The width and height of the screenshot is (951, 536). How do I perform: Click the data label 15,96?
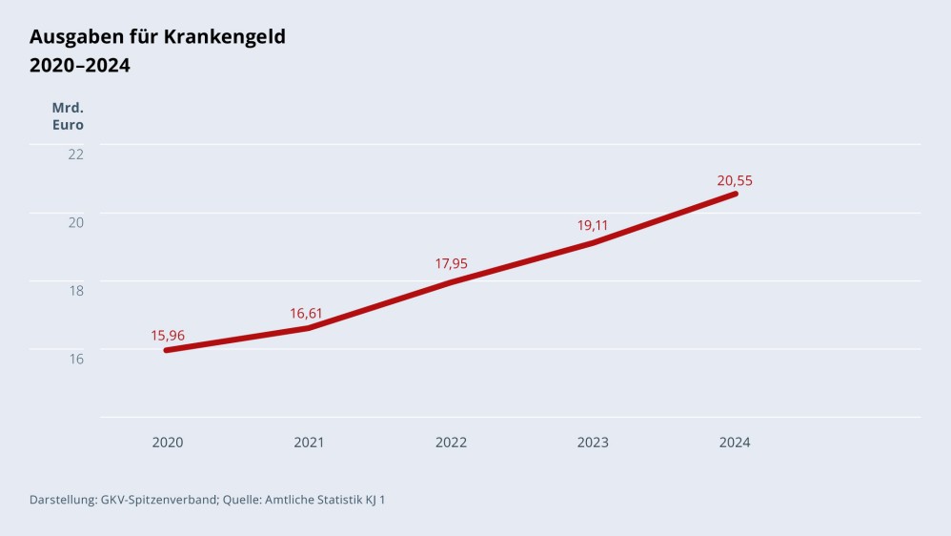click(x=167, y=335)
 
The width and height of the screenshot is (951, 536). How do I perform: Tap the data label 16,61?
click(x=308, y=313)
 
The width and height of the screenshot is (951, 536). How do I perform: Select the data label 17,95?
click(x=452, y=263)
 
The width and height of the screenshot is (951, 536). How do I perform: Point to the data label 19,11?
click(x=593, y=226)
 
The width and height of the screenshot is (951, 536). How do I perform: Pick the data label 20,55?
click(x=735, y=180)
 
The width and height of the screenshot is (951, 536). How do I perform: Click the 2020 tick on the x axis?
click(x=168, y=443)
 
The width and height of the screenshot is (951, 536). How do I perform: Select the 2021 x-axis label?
click(x=309, y=443)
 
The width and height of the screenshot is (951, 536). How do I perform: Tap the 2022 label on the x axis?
click(x=451, y=443)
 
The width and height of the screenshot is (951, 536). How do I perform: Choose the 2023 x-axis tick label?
click(x=593, y=443)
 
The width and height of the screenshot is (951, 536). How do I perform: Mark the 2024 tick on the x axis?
click(x=735, y=443)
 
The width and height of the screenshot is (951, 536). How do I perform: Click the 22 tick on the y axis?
click(x=75, y=154)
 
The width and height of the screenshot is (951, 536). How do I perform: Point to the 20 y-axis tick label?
click(x=75, y=222)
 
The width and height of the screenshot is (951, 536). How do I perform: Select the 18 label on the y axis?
click(x=75, y=290)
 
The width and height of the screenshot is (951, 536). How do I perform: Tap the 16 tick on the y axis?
click(x=75, y=359)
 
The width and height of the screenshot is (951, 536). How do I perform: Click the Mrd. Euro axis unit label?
click(x=68, y=115)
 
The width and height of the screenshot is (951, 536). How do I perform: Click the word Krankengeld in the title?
click(x=225, y=37)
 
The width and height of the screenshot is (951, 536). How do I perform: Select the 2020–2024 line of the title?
click(x=80, y=66)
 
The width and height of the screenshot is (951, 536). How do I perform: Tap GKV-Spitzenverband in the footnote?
click(x=159, y=499)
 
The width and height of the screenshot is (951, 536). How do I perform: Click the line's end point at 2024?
click(x=735, y=194)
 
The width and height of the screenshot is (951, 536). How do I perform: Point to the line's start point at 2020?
click(x=167, y=350)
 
